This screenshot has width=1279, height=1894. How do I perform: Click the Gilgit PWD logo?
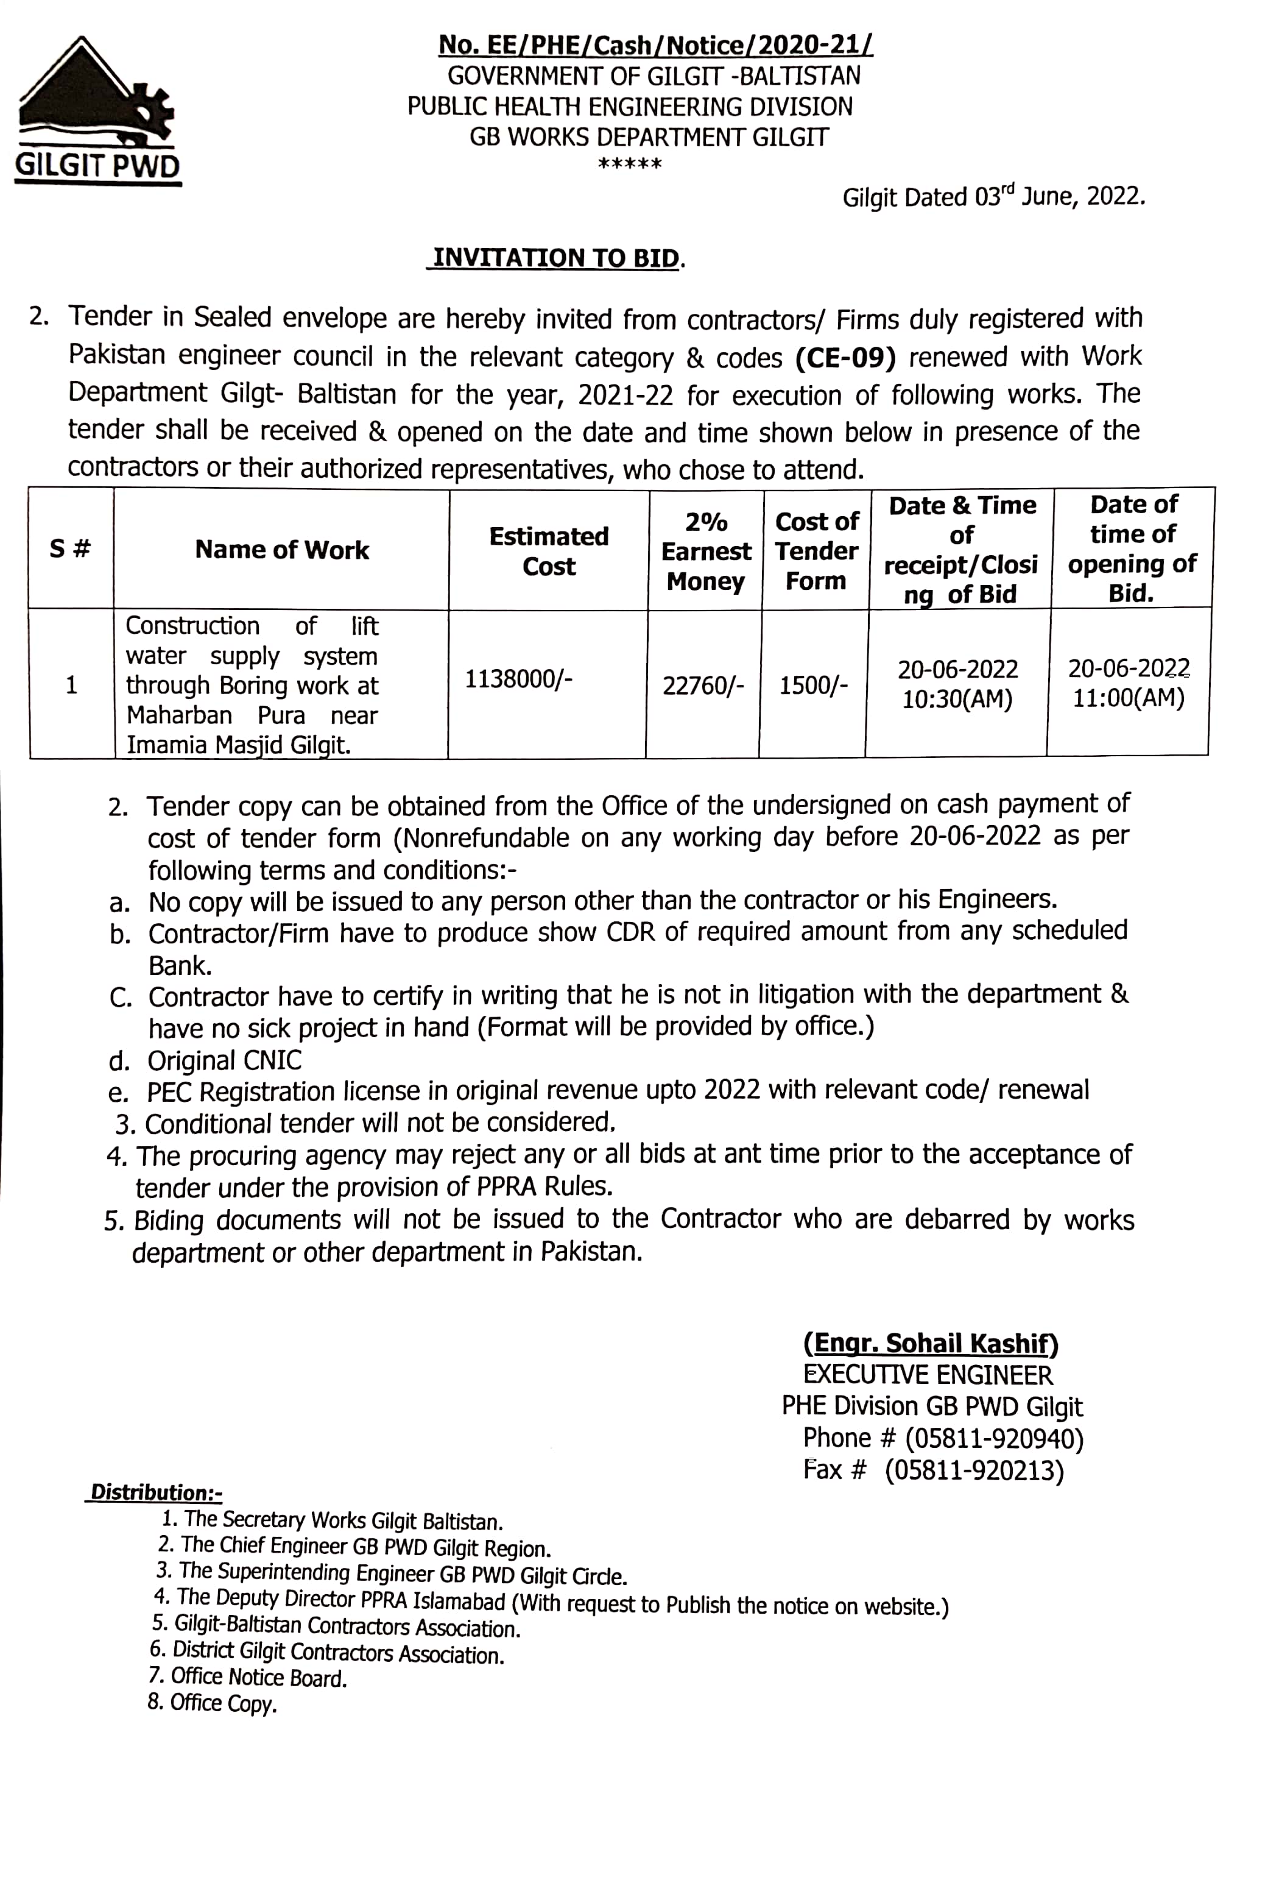[x=97, y=110]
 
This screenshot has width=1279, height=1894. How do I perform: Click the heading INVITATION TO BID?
[x=557, y=258]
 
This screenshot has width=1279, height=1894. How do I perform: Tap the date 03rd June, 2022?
[x=1060, y=197]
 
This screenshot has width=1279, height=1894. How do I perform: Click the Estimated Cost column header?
[x=548, y=551]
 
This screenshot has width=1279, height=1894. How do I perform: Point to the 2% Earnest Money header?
[x=705, y=552]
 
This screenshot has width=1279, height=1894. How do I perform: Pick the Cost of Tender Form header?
[x=816, y=551]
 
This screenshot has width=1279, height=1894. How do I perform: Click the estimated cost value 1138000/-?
[x=518, y=679]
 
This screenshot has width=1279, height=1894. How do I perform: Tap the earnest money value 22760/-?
[x=703, y=686]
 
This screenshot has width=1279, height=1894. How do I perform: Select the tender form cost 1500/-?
[x=813, y=686]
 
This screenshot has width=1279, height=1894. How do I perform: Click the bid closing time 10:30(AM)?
[x=956, y=699]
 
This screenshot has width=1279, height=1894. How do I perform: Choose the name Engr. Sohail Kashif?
[x=931, y=1344]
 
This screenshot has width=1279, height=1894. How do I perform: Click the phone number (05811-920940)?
[x=994, y=1439]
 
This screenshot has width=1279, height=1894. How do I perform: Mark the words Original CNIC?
[x=224, y=1060]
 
